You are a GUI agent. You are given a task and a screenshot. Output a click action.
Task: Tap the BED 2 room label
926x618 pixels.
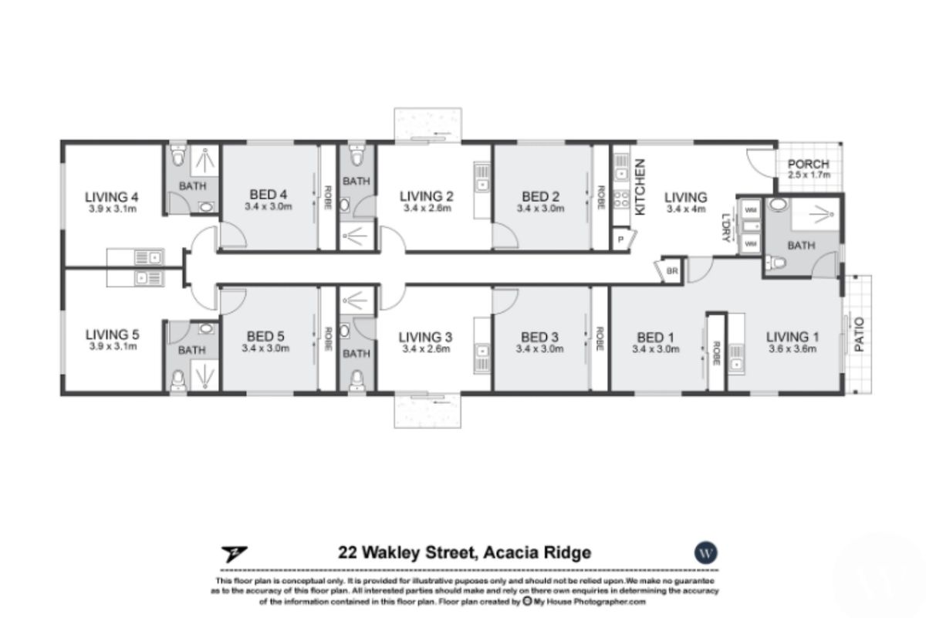point(539,196)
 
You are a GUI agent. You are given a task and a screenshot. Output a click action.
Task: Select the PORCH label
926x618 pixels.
point(808,164)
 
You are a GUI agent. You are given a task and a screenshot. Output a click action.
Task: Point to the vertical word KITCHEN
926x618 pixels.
point(640,186)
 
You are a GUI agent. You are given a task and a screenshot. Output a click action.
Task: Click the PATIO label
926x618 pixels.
point(860,335)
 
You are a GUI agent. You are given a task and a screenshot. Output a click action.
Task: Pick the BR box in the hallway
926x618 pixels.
point(671,271)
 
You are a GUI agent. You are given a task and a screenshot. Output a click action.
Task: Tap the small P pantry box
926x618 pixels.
point(620,240)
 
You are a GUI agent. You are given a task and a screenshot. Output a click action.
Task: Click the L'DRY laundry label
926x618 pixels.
point(725,227)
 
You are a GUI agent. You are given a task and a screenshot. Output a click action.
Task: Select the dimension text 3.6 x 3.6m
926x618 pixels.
point(792,348)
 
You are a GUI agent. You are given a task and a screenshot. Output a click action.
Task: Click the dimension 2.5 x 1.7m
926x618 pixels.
point(808,175)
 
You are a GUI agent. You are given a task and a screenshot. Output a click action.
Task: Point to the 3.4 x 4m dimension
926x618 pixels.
point(686,208)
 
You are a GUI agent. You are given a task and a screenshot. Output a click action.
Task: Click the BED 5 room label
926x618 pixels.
point(265,337)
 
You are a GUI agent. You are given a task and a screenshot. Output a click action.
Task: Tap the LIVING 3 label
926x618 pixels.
point(425,337)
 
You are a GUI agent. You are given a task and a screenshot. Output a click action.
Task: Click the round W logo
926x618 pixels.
point(704,553)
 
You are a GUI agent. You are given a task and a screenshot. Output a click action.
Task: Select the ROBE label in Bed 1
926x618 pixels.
point(716,352)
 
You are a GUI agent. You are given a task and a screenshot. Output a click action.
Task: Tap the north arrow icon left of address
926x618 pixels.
point(232,553)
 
